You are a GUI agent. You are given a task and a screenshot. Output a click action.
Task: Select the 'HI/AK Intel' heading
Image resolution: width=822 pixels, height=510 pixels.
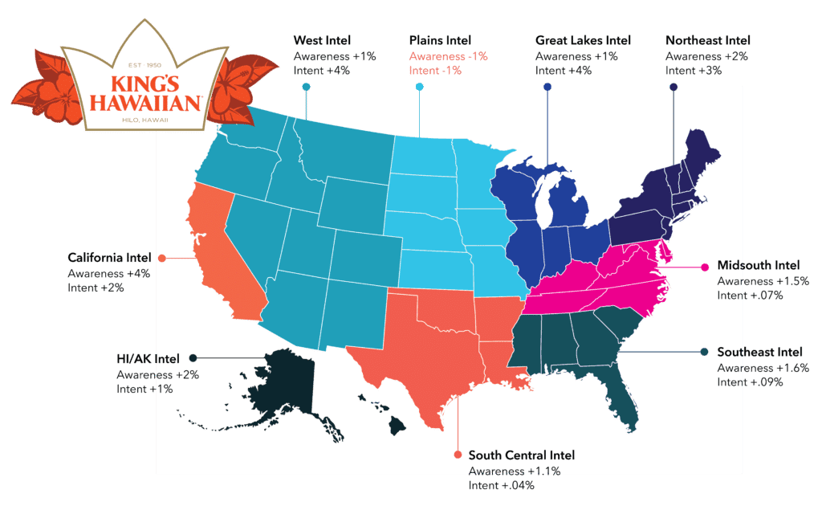148,357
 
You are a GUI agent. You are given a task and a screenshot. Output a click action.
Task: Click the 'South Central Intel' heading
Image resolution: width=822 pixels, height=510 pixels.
521,455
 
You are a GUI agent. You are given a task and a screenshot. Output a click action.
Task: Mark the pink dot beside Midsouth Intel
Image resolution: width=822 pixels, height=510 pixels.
704,267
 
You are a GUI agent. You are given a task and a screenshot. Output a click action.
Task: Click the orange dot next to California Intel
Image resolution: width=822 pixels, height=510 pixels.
161,259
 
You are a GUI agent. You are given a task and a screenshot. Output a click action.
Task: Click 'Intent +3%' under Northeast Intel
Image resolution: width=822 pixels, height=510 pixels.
694,71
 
